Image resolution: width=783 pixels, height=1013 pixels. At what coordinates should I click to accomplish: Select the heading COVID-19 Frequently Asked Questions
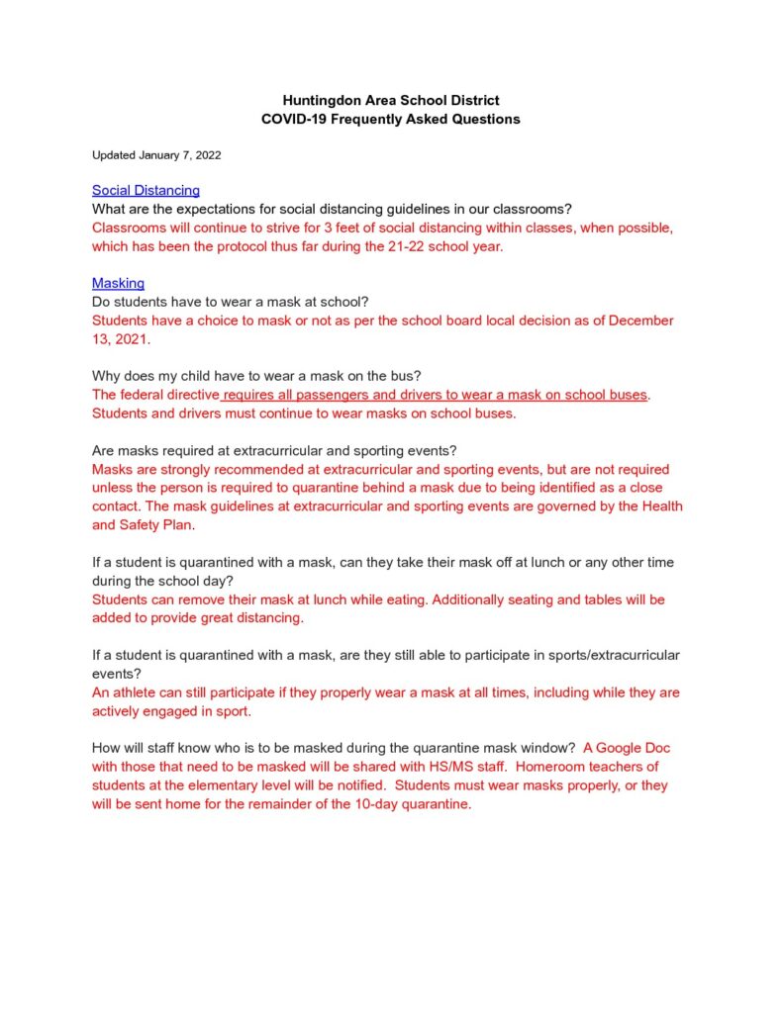tap(390, 119)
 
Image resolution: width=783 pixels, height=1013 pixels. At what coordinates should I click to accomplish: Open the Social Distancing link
tap(146, 190)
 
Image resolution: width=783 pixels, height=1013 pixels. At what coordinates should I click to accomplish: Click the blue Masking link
tap(118, 284)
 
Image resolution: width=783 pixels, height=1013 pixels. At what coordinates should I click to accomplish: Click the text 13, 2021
tap(121, 339)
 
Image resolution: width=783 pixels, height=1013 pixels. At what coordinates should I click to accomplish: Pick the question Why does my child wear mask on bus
tap(256, 376)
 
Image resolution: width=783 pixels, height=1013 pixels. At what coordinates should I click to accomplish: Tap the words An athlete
tap(124, 692)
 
